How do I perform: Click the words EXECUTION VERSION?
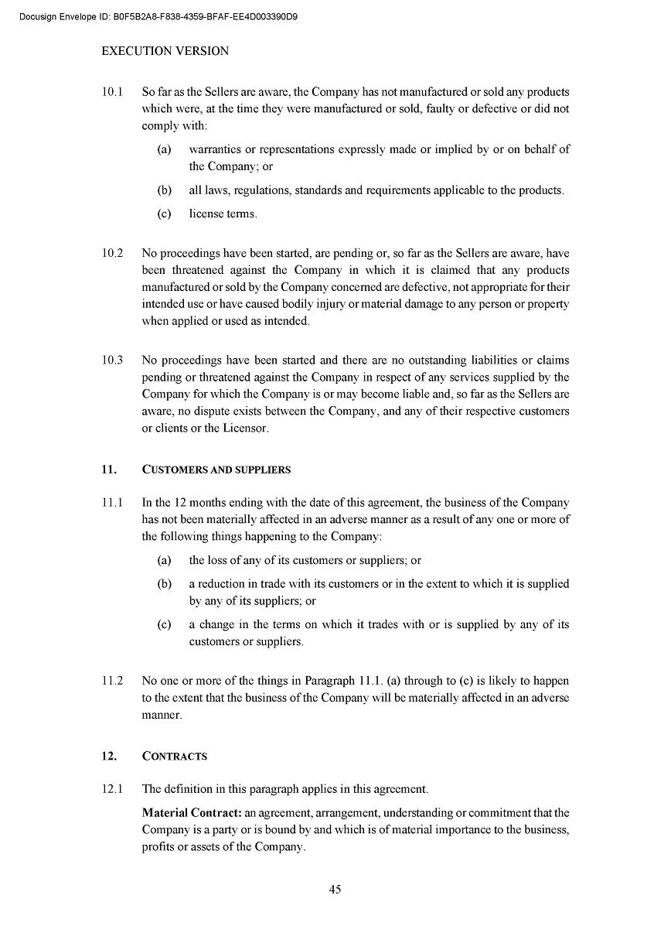[165, 51]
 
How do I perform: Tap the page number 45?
[335, 889]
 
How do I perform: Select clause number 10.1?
[112, 91]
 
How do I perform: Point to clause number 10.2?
[112, 253]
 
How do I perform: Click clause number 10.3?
[112, 360]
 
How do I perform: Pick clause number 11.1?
[112, 502]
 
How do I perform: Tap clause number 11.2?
[112, 681]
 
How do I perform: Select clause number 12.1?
[112, 789]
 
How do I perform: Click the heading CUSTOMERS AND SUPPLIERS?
[216, 470]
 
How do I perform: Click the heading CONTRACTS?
[175, 756]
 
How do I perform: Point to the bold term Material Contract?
[192, 812]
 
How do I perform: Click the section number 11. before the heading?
[109, 470]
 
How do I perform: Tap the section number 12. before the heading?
[109, 756]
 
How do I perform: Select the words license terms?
[223, 214]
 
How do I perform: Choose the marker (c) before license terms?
[164, 214]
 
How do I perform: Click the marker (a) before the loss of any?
[164, 560]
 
